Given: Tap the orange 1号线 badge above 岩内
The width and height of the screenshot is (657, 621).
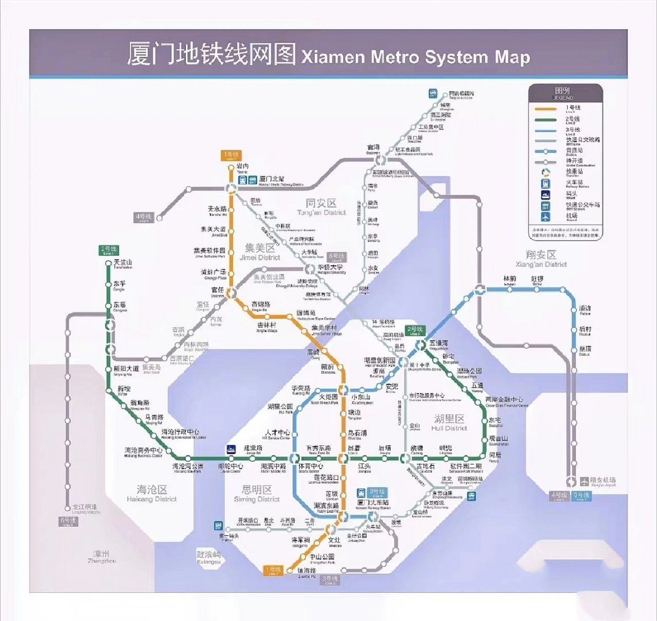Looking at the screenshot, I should [230, 156].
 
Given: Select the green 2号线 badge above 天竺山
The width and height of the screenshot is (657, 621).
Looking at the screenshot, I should [108, 250].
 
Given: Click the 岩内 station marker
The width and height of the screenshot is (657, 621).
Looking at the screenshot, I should [231, 168].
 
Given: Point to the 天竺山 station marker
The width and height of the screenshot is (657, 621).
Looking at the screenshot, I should [109, 263].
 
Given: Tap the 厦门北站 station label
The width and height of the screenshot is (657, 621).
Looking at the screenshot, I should [272, 180].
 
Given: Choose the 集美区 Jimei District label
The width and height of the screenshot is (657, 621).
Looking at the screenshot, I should [260, 252].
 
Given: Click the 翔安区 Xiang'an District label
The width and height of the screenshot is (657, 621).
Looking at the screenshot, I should [541, 258].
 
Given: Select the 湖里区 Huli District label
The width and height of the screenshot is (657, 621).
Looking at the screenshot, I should [449, 422].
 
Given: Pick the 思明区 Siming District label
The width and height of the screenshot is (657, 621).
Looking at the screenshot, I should [257, 493].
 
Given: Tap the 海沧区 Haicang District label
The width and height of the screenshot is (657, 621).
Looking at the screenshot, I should [152, 493].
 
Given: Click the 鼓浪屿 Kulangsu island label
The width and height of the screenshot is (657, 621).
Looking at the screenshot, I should [209, 557].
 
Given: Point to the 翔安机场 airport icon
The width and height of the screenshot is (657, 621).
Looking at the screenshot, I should [584, 481].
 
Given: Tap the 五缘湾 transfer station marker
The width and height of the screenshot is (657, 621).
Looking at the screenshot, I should [421, 345].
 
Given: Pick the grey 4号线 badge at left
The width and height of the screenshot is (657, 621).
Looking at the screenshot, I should [144, 217].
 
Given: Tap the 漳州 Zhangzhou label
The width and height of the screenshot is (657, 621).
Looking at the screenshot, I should [101, 556].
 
